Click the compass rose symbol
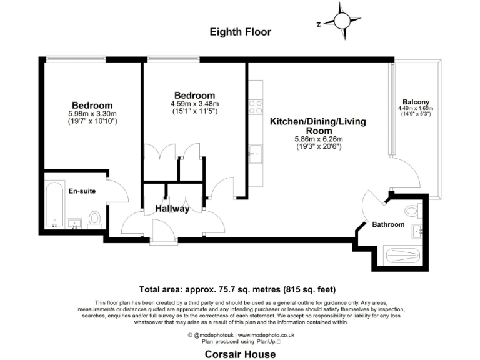(x=342, y=21)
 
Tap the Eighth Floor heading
(x=241, y=32)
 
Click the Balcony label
(x=416, y=102)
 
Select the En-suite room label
(x=82, y=191)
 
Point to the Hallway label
(x=173, y=209)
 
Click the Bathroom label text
(x=388, y=224)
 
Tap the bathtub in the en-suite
(x=54, y=205)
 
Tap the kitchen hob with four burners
(x=255, y=107)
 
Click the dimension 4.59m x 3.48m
(x=194, y=104)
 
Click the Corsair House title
(x=241, y=354)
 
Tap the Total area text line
(x=237, y=289)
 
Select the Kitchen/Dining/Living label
(x=317, y=122)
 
